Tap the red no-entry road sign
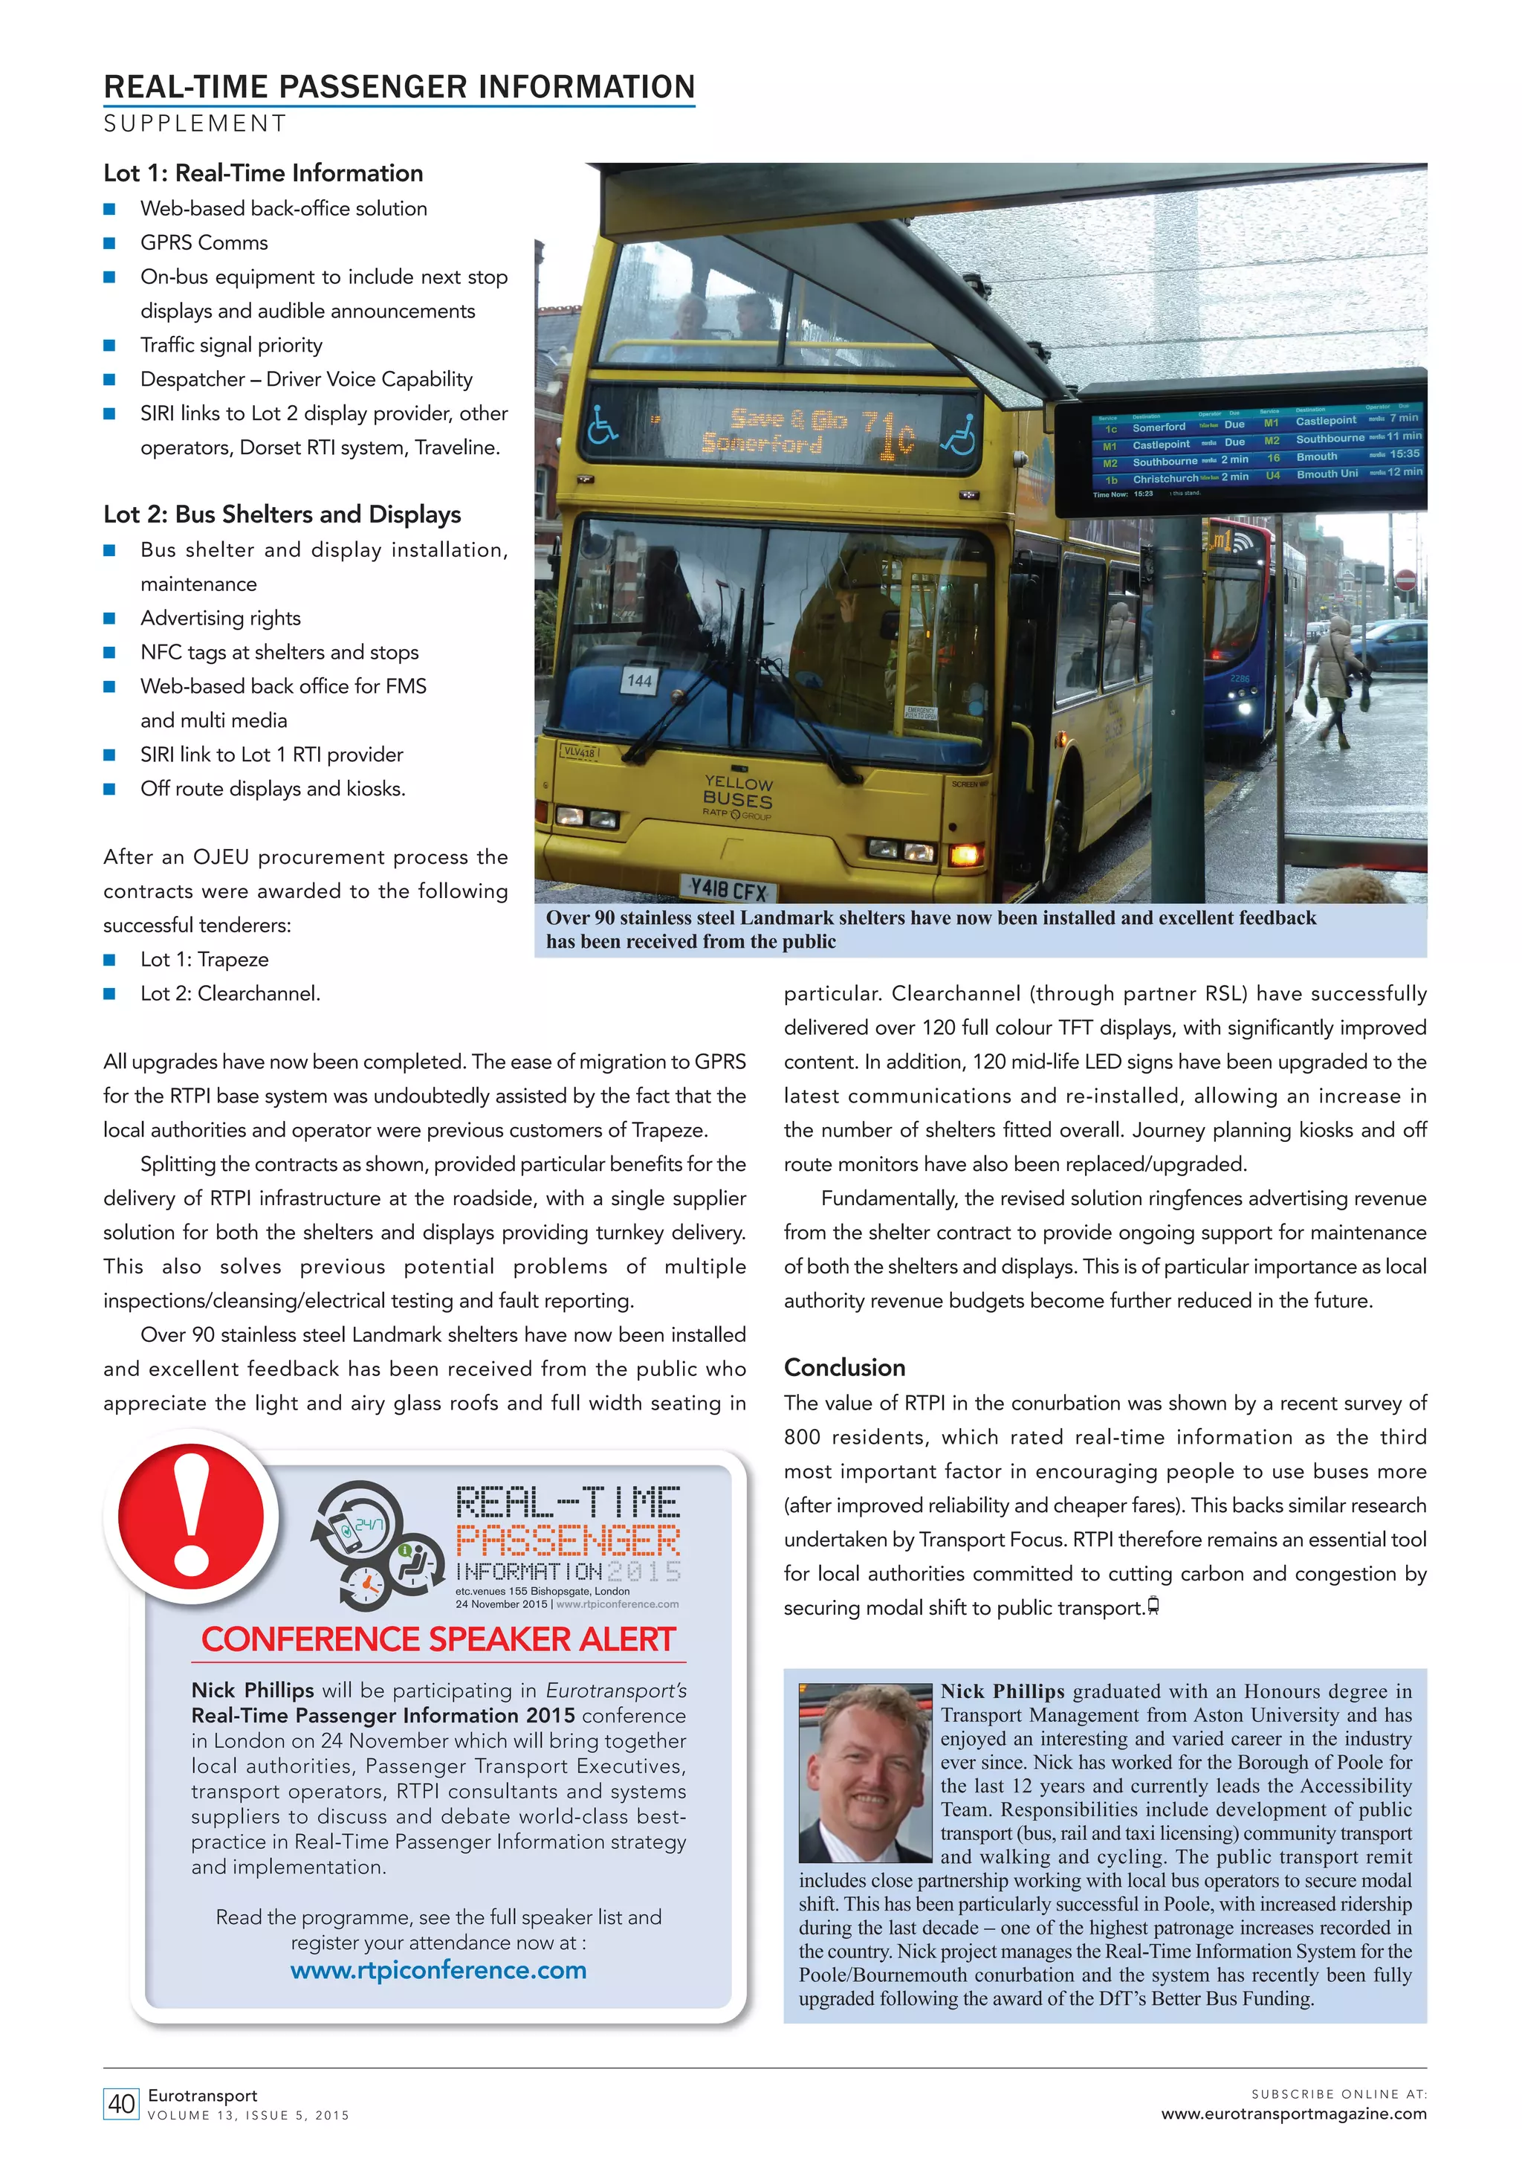point(1406,580)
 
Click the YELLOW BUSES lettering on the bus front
point(738,792)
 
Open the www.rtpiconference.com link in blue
point(438,1969)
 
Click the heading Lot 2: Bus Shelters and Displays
point(282,514)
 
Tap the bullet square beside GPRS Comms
point(109,243)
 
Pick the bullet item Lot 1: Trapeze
point(204,960)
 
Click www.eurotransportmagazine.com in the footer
point(1293,2114)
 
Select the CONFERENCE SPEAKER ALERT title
point(438,1639)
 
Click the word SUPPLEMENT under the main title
point(195,123)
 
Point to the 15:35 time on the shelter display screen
point(1405,453)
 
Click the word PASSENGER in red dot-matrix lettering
point(568,1541)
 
